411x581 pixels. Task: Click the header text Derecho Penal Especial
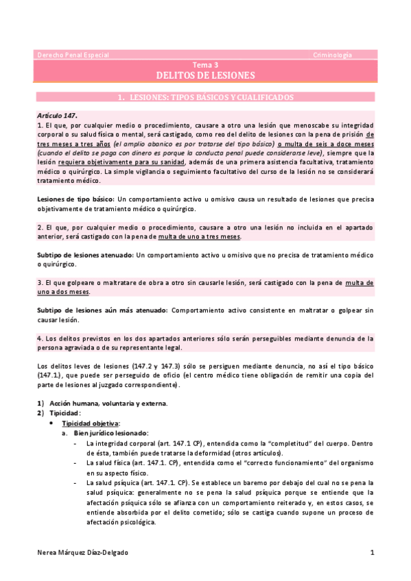73,54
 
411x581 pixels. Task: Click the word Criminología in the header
333,54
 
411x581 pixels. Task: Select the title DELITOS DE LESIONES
204,75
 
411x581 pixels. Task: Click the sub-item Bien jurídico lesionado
110,434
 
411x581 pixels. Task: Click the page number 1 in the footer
371,552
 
